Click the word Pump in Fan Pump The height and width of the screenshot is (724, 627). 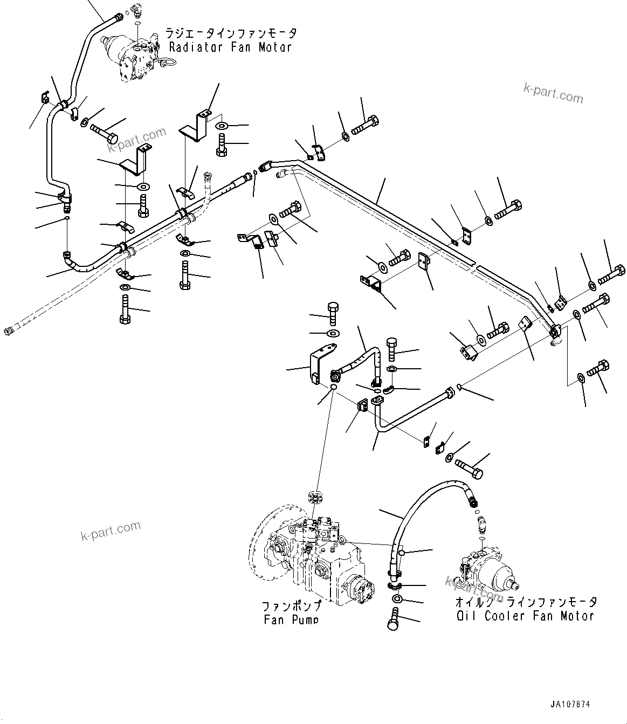tap(304, 620)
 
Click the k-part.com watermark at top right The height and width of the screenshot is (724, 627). tap(553, 93)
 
